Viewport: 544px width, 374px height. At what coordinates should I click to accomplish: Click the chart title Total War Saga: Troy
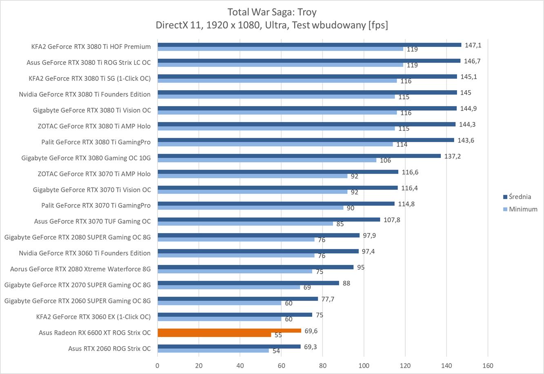(x=272, y=12)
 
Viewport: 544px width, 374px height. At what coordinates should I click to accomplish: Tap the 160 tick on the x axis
(x=488, y=366)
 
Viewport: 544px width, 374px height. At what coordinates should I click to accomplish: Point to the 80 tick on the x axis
(x=322, y=366)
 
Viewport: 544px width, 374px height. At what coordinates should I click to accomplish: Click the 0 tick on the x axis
(x=158, y=366)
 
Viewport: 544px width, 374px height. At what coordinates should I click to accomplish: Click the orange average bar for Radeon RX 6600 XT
(x=229, y=331)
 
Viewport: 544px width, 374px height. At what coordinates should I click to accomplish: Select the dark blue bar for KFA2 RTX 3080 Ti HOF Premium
(x=309, y=45)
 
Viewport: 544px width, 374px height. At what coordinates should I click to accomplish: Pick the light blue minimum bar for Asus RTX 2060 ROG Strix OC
(x=213, y=351)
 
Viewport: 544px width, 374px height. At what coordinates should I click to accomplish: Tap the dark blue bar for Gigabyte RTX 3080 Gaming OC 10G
(x=299, y=156)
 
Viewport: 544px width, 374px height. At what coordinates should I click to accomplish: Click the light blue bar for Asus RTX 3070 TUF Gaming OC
(x=245, y=224)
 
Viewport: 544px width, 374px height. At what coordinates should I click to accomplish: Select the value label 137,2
(x=453, y=156)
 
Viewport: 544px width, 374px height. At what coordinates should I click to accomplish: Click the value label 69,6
(x=311, y=331)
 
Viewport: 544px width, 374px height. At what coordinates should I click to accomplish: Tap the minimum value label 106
(x=385, y=160)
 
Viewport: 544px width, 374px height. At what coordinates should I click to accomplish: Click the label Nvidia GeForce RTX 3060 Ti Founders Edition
(x=84, y=253)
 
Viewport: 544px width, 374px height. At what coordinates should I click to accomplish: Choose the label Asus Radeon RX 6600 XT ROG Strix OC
(x=95, y=333)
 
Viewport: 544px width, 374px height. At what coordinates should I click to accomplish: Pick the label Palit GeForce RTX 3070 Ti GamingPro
(x=96, y=205)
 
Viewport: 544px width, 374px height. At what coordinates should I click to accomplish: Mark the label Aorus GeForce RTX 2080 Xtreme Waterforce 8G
(x=80, y=269)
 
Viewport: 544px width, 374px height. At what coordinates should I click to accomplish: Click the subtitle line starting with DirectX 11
(x=272, y=25)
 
